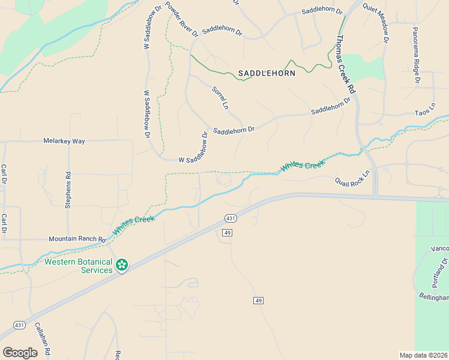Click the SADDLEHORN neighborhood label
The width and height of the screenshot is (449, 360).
pyautogui.click(x=267, y=73)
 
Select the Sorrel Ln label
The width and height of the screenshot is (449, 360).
pyautogui.click(x=221, y=98)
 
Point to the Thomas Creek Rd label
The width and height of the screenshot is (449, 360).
pyautogui.click(x=346, y=64)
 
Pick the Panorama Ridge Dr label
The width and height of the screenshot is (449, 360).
pyautogui.click(x=415, y=54)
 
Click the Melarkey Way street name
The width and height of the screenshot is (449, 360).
pyautogui.click(x=64, y=141)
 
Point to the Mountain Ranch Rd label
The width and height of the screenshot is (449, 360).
pyautogui.click(x=77, y=239)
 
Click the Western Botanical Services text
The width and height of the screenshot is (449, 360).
pyautogui.click(x=79, y=266)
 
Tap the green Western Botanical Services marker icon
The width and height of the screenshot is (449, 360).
pyautogui.click(x=122, y=265)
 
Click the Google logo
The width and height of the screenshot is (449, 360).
pyautogui.click(x=20, y=353)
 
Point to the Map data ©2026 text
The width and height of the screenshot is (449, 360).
pyautogui.click(x=424, y=355)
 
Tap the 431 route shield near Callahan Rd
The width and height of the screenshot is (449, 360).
pyautogui.click(x=19, y=325)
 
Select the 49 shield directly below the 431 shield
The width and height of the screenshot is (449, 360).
pyautogui.click(x=226, y=232)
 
